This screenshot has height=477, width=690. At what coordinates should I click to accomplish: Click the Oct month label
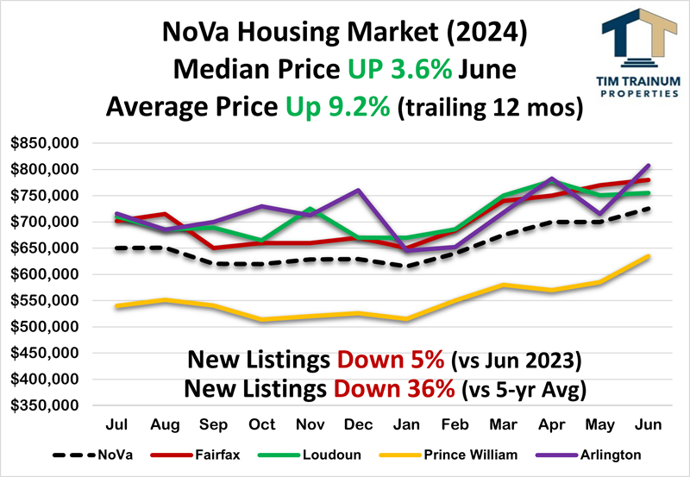(261, 425)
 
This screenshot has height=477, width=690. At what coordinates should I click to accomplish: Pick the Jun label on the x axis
(649, 425)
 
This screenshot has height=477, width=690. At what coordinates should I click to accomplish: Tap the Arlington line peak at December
(359, 190)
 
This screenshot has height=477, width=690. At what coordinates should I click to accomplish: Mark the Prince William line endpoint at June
(649, 256)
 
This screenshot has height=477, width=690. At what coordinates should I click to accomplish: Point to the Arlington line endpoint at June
(649, 165)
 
